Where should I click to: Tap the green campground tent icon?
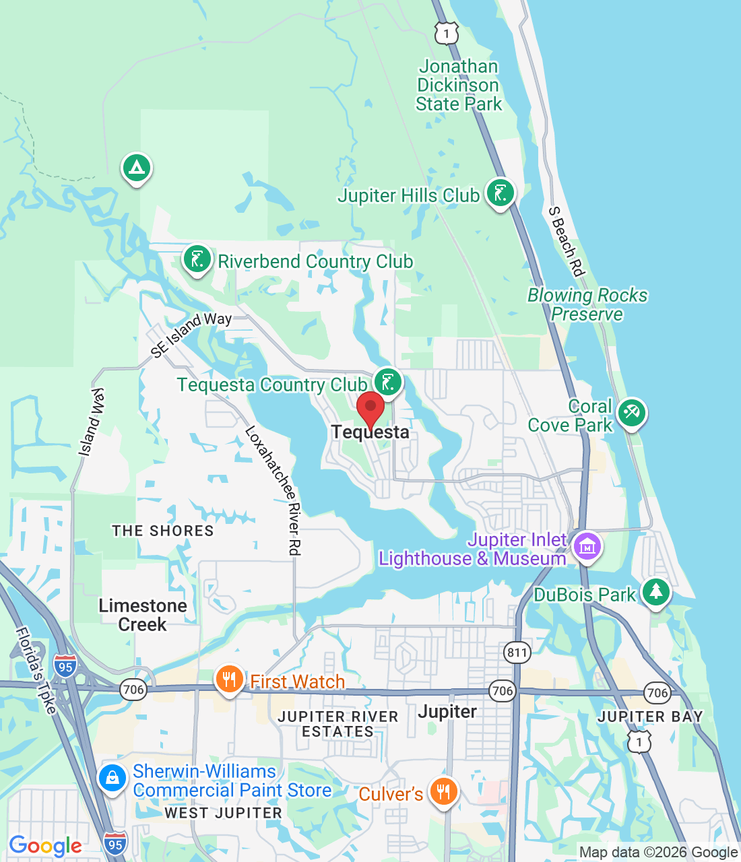pos(137,167)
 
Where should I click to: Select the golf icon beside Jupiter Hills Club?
pos(500,193)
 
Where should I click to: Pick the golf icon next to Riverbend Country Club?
pos(197,259)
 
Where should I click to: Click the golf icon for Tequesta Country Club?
pos(387,383)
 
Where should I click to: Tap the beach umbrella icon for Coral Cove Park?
pos(631,413)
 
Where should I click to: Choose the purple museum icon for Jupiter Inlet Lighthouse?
pos(587,546)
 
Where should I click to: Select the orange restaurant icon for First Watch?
pos(230,680)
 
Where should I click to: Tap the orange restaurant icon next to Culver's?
pos(443,791)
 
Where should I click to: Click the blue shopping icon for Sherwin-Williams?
pos(112,779)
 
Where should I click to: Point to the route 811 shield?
pos(517,652)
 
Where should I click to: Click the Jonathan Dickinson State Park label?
pos(459,86)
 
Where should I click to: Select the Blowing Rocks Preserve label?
pos(587,304)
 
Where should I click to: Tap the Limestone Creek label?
pos(143,615)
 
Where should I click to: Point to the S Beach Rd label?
pos(565,241)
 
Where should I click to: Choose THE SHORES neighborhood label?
pos(163,531)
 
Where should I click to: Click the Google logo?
pos(46,846)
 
